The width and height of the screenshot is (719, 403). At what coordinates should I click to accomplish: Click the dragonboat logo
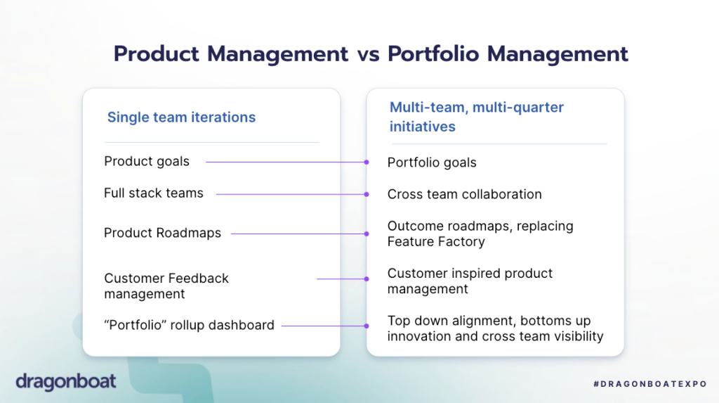point(65,382)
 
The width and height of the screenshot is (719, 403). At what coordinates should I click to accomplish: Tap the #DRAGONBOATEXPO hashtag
point(649,384)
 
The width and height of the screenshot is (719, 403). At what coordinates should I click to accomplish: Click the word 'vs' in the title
point(368,54)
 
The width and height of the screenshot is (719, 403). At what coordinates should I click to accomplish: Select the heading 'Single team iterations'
point(181,117)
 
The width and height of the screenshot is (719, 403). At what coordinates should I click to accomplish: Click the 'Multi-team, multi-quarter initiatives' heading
point(477,117)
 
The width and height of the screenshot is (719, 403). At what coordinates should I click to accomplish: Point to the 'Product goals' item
point(147,161)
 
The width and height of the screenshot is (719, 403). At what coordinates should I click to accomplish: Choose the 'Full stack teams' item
point(154,193)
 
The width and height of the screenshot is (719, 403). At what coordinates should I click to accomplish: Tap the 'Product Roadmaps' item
point(162,233)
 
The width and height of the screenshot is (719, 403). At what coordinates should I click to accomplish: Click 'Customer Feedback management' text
point(166,286)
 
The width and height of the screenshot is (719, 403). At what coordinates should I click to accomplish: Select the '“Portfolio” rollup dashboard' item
point(189,325)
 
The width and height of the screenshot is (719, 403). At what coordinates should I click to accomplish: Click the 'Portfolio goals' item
point(432,162)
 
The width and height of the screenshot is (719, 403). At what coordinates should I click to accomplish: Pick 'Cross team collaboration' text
point(464,194)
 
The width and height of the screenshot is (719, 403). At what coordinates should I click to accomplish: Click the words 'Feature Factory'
point(435,242)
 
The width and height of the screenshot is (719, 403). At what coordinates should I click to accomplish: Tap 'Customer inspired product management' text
point(470,281)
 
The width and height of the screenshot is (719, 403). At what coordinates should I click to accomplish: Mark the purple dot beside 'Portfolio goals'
point(367,162)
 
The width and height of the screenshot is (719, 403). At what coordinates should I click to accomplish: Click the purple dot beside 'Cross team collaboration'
point(367,194)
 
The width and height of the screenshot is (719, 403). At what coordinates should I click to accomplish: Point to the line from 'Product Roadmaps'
point(298,234)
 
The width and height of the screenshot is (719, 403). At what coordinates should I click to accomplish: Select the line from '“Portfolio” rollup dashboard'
point(324,326)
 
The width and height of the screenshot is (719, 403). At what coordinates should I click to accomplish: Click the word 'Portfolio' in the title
point(433,53)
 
